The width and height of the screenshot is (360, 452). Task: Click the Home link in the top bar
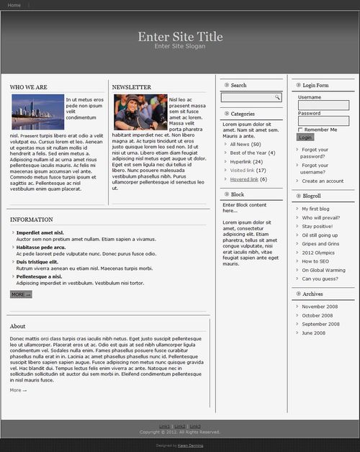coord(14,5)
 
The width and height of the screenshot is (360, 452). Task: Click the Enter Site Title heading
coord(180,37)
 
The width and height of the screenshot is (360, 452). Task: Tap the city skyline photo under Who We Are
coord(37,112)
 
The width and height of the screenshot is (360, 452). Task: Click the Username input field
coord(323,105)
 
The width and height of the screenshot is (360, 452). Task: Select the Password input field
coord(323,121)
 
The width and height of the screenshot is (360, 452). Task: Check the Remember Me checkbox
coord(300,130)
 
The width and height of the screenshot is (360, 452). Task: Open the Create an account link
coord(323,181)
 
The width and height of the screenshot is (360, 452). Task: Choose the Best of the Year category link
coord(248,153)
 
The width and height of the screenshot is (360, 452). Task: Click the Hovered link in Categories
coord(244,179)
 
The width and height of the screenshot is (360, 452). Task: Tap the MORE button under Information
coord(21,294)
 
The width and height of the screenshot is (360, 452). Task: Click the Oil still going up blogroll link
coord(320,235)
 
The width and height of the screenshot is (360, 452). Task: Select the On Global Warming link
coord(323,270)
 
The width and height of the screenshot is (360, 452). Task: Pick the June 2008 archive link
coord(313,333)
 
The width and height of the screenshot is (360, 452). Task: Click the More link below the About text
coord(18,390)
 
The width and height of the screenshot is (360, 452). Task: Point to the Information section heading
coord(32,220)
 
